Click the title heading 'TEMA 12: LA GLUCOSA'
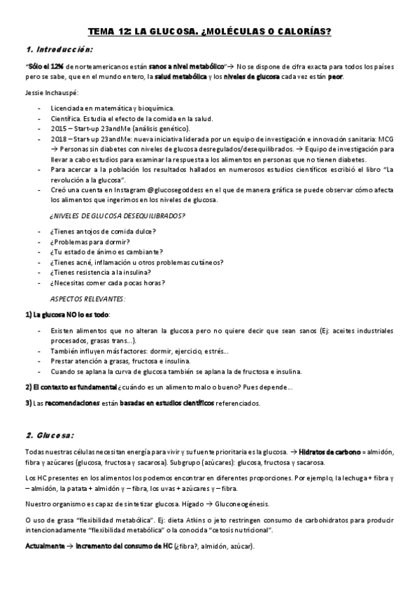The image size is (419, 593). click(209, 31)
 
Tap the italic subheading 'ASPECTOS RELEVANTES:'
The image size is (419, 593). click(90, 298)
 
